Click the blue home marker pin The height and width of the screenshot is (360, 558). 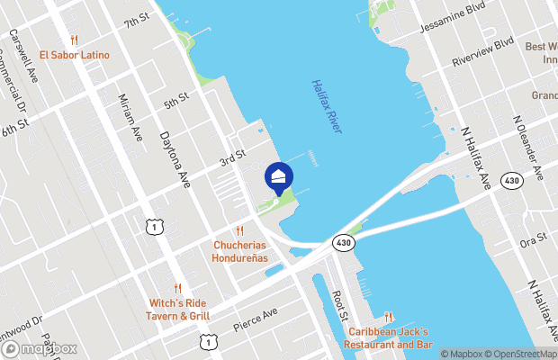pos(279,175)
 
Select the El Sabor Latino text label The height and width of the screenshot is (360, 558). pos(74,55)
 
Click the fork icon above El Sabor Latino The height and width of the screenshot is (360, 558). pos(74,40)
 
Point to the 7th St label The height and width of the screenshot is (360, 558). pos(137,21)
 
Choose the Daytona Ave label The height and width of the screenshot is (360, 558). pos(175,159)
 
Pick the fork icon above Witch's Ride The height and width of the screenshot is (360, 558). pos(177,288)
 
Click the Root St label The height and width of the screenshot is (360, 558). pos(338,305)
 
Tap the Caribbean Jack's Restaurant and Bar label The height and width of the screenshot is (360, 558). pos(391,338)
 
